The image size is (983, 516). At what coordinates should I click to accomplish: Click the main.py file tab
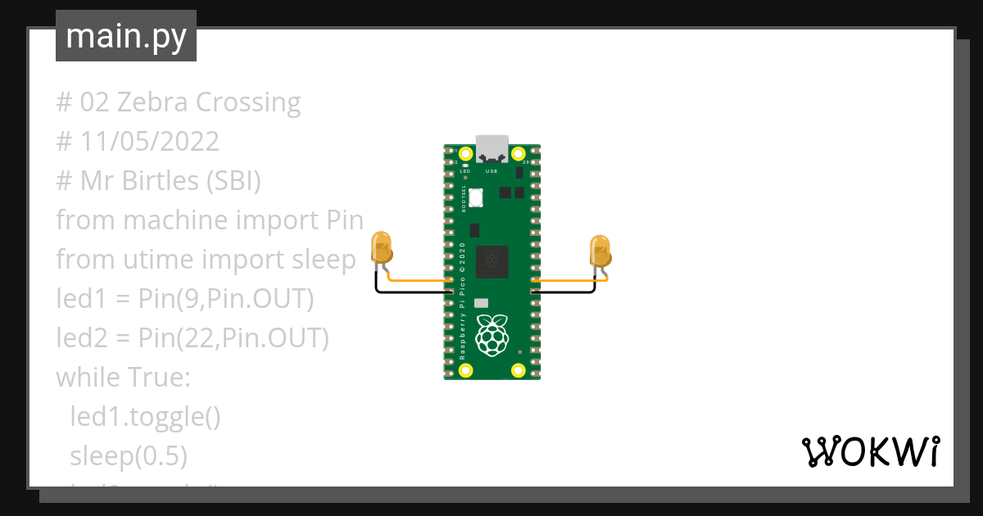tap(126, 37)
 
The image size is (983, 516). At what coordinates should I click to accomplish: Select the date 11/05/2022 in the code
tap(150, 142)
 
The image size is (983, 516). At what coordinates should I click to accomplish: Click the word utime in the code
tap(162, 260)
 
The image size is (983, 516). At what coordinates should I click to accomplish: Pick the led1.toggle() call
tap(145, 416)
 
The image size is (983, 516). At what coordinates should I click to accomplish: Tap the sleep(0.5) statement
tap(129, 455)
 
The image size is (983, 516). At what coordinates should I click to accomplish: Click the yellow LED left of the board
tap(381, 248)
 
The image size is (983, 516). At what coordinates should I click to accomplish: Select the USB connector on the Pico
tap(492, 147)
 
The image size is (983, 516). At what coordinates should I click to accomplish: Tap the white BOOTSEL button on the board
tap(477, 197)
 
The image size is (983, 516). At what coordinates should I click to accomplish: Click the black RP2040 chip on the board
tap(492, 260)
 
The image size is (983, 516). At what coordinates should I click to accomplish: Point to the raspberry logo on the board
tap(491, 335)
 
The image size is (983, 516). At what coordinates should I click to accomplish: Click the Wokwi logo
tap(870, 451)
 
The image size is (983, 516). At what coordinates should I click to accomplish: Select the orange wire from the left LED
tap(418, 280)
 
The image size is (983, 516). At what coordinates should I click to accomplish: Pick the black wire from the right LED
tap(565, 291)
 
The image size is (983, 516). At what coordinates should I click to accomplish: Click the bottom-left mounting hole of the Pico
tap(466, 370)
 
